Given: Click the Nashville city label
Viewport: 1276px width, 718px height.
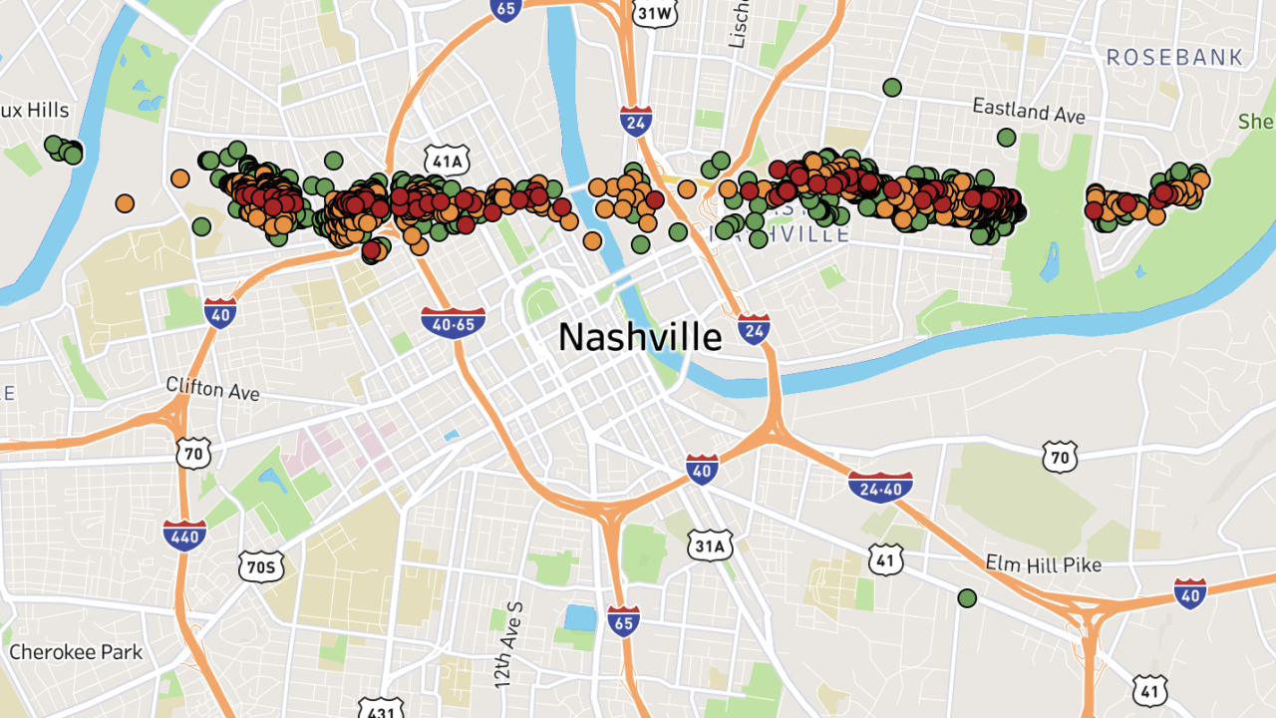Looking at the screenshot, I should tap(639, 337).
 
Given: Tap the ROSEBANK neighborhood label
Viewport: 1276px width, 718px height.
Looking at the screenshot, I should tap(1175, 58).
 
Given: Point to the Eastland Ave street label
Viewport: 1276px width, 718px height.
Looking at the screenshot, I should tap(1030, 110).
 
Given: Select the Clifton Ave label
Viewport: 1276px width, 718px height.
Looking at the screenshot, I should tap(212, 388).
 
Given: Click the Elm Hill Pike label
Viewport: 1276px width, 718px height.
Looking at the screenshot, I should tap(1043, 564).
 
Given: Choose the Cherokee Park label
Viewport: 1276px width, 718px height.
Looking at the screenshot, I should tap(76, 652).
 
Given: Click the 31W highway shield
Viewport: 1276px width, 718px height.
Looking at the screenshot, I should tap(654, 12).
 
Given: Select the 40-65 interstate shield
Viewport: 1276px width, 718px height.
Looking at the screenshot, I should tap(454, 322).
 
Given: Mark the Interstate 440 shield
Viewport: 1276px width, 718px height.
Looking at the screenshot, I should tap(184, 535).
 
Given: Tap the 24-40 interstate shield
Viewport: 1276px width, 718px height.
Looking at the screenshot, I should tap(880, 487).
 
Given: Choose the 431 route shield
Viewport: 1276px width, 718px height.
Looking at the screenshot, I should tap(380, 708).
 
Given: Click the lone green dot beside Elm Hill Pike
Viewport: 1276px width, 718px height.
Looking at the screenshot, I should tap(967, 598).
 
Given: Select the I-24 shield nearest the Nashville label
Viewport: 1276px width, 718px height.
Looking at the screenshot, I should tap(755, 328).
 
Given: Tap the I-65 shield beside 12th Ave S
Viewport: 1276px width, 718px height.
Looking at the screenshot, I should tap(623, 620).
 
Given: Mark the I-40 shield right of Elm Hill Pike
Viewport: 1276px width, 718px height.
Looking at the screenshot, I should tap(1189, 592).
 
